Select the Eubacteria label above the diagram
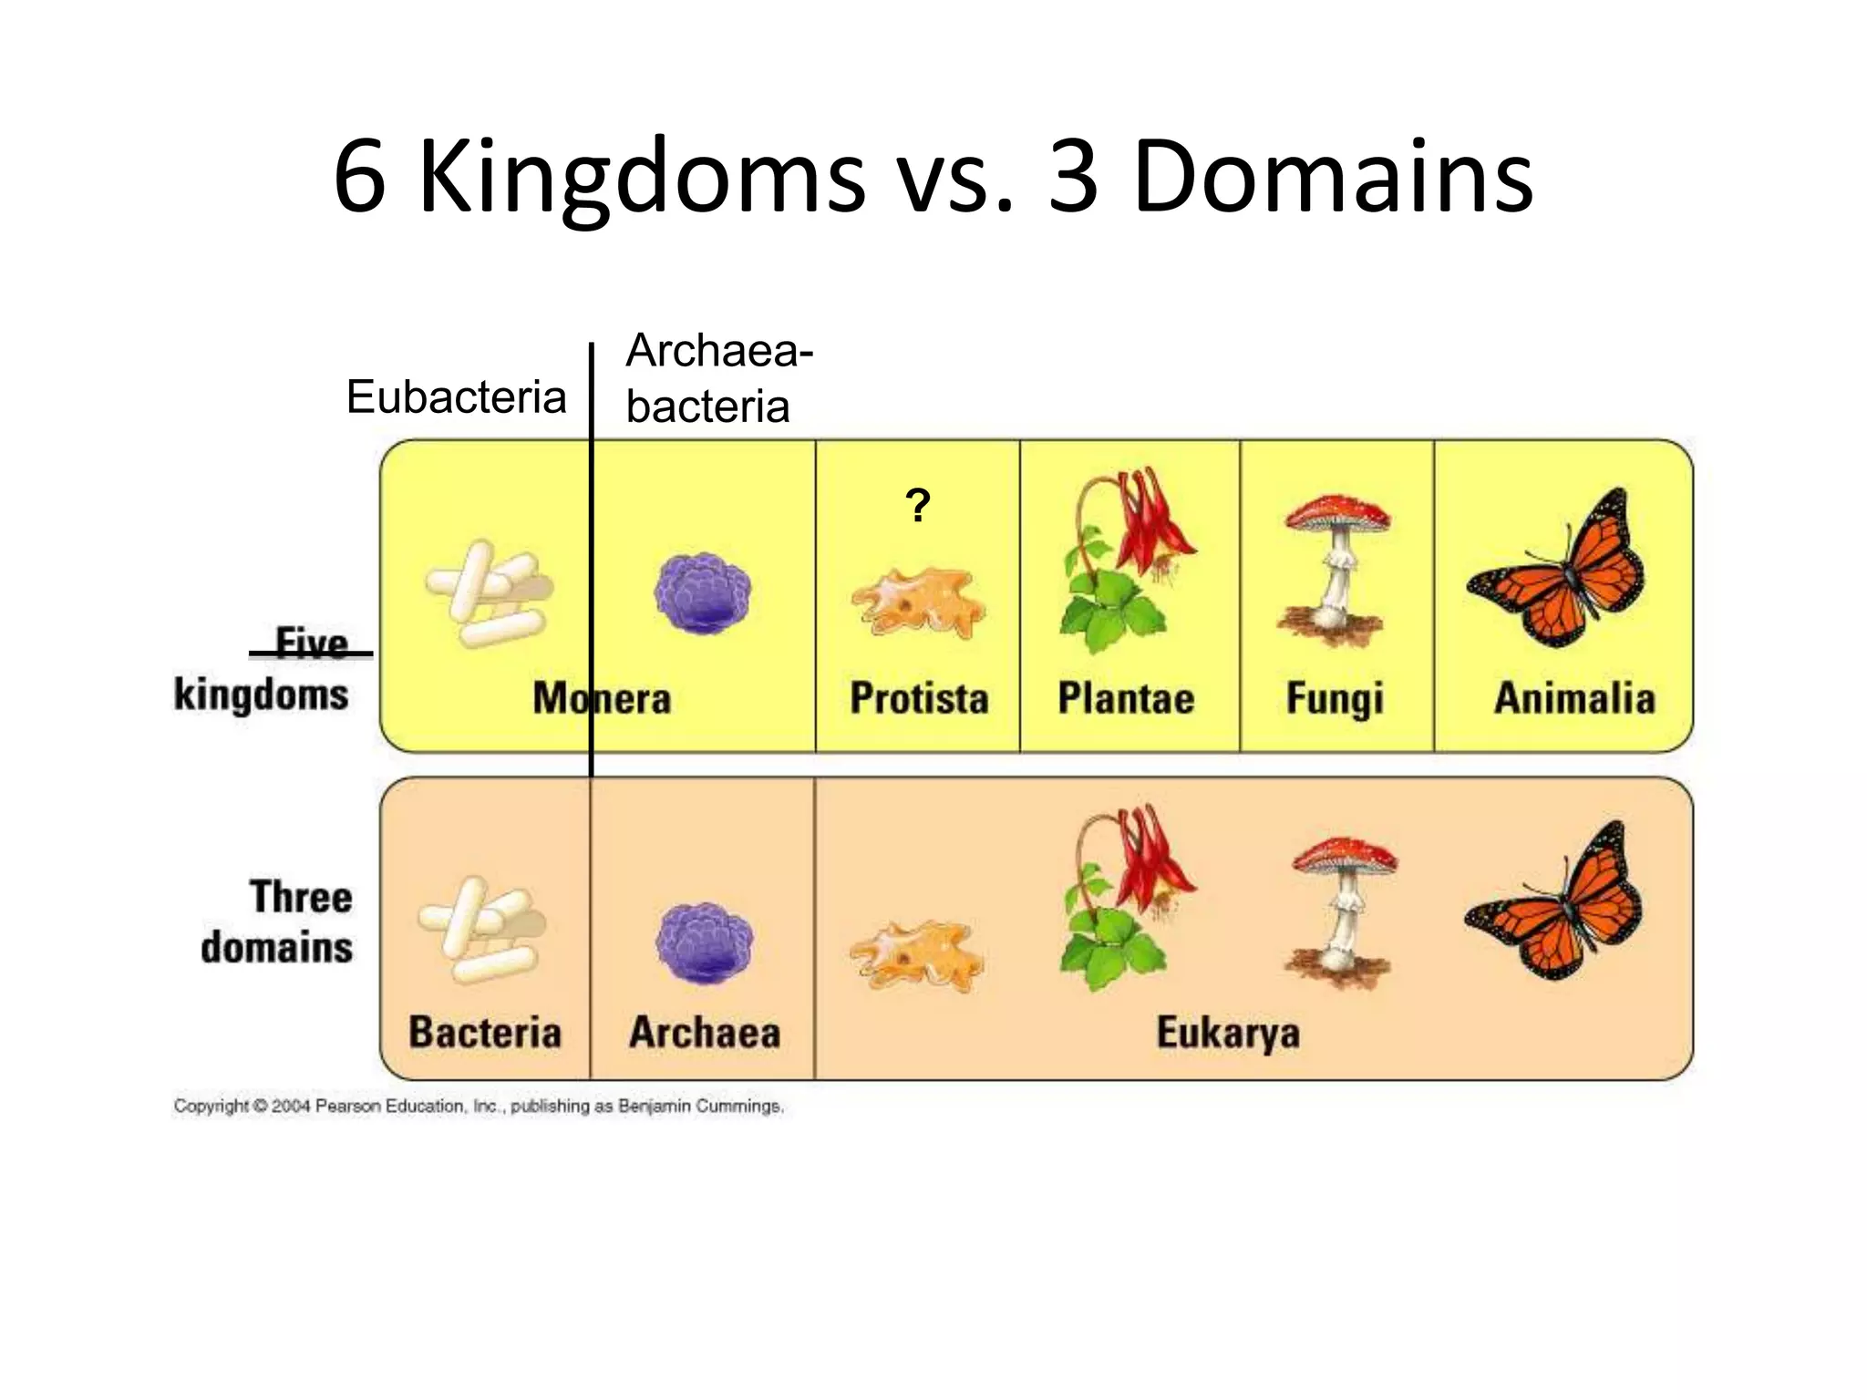[x=456, y=397]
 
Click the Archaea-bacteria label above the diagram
[x=718, y=378]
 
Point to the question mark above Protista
[x=918, y=505]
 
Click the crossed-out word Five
[x=312, y=643]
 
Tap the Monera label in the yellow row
[x=602, y=699]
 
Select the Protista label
[x=919, y=699]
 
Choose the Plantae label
[x=1126, y=699]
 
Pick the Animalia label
[x=1574, y=699]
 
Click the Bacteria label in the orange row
[x=485, y=1033]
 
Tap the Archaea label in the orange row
[x=705, y=1033]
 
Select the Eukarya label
[x=1228, y=1034]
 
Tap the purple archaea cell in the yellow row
[x=702, y=592]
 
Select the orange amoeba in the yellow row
[x=918, y=602]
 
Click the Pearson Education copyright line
[x=479, y=1107]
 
